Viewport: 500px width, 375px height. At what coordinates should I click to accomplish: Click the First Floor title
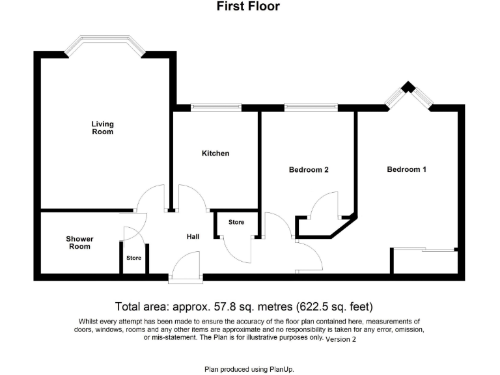pyautogui.click(x=248, y=7)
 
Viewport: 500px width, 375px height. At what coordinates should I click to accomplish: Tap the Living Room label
pyautogui.click(x=102, y=128)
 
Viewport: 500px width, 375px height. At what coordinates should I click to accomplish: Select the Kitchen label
pyautogui.click(x=215, y=154)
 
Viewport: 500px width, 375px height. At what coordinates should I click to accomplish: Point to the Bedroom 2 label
pyautogui.click(x=309, y=170)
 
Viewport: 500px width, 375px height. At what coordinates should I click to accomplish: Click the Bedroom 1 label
pyautogui.click(x=407, y=169)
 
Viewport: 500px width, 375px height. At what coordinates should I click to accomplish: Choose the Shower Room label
pyautogui.click(x=79, y=243)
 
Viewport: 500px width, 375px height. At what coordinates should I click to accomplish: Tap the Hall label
pyautogui.click(x=193, y=236)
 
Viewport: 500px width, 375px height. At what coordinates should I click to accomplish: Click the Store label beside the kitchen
pyautogui.click(x=236, y=223)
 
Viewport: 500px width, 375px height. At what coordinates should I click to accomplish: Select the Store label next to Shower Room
pyautogui.click(x=133, y=258)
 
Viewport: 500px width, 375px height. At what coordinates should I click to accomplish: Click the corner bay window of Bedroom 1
pyautogui.click(x=408, y=95)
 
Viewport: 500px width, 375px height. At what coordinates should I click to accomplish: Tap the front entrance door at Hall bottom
pyautogui.click(x=186, y=268)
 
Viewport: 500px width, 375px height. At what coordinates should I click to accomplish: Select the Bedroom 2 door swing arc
pyautogui.click(x=324, y=204)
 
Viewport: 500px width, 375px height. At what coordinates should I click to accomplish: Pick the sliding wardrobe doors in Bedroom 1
pyautogui.click(x=424, y=249)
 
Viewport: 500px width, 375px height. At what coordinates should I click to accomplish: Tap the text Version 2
pyautogui.click(x=341, y=339)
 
